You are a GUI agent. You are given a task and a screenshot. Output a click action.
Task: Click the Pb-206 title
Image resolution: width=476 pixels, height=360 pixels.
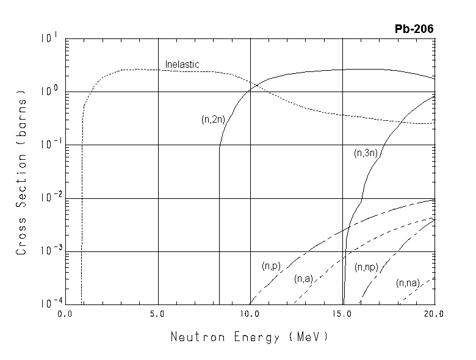414,29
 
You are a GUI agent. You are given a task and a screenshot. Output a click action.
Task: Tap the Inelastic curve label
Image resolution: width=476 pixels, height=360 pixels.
182,64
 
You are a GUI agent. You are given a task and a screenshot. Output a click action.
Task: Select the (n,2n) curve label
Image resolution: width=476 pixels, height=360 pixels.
214,120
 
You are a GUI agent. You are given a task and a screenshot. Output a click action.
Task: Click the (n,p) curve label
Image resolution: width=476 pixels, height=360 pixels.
270,266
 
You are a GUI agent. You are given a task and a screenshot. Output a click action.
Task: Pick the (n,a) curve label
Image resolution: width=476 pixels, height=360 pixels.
303,279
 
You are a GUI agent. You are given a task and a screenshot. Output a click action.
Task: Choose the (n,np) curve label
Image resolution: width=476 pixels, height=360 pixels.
367,267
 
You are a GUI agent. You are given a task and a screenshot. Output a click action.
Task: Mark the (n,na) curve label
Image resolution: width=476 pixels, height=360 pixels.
407,283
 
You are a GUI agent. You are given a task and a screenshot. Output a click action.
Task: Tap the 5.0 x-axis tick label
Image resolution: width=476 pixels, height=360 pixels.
157,314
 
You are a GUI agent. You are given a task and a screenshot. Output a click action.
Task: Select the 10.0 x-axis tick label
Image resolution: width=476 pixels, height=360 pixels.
250,314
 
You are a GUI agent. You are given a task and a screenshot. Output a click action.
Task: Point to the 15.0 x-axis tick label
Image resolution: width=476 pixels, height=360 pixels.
342,314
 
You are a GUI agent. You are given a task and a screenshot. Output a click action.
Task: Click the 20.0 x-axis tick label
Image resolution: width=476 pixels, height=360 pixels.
435,314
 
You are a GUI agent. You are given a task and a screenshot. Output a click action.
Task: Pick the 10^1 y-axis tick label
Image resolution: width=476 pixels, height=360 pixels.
48,38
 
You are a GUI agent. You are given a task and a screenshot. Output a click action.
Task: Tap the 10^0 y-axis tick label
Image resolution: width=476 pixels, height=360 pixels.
48,90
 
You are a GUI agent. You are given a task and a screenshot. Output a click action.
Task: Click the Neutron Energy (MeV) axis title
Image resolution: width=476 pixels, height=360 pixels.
249,336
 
